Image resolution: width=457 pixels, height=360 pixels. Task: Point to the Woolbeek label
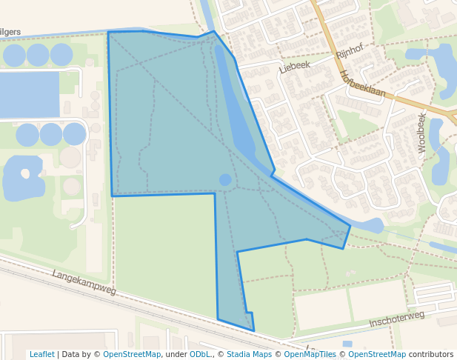422,133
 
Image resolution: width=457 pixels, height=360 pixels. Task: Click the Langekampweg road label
84,282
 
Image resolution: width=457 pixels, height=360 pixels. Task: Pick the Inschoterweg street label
396,319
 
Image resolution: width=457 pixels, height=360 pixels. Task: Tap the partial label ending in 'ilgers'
10,32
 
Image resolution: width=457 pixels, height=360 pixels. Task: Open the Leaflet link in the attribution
41,354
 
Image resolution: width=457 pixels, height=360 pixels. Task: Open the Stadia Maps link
249,354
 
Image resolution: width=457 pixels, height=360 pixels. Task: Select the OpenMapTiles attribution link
307,354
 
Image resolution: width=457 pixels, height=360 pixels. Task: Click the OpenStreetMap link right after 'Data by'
132,354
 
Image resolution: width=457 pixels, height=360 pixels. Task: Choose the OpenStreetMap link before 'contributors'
376,354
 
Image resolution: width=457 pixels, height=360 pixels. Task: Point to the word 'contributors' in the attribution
430,354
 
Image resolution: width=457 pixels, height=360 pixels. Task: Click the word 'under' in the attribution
175,354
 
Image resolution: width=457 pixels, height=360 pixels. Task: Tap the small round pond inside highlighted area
225,180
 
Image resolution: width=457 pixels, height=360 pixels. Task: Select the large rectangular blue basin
30,95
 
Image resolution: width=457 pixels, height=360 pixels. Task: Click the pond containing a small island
22,178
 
